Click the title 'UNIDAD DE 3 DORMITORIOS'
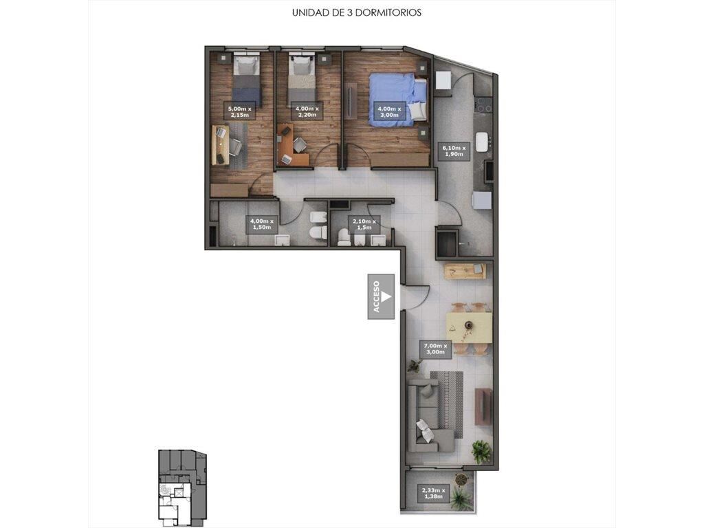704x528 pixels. click(357, 12)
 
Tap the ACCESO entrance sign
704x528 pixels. click(381, 297)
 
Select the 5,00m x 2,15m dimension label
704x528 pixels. click(240, 112)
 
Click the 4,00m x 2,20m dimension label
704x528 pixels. click(307, 112)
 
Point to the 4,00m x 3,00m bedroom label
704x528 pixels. click(389, 112)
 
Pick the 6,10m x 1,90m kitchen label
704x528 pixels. click(454, 151)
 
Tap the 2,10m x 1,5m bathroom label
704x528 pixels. click(364, 224)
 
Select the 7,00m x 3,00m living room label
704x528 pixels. click(435, 349)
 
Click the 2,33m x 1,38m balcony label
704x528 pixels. click(433, 493)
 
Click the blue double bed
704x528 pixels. click(398, 99)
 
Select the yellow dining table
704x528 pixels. click(469, 328)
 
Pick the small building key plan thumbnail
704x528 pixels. click(181, 487)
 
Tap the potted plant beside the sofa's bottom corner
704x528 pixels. click(481, 450)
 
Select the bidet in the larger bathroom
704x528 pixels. click(318, 217)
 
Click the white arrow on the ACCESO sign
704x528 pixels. click(386, 297)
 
